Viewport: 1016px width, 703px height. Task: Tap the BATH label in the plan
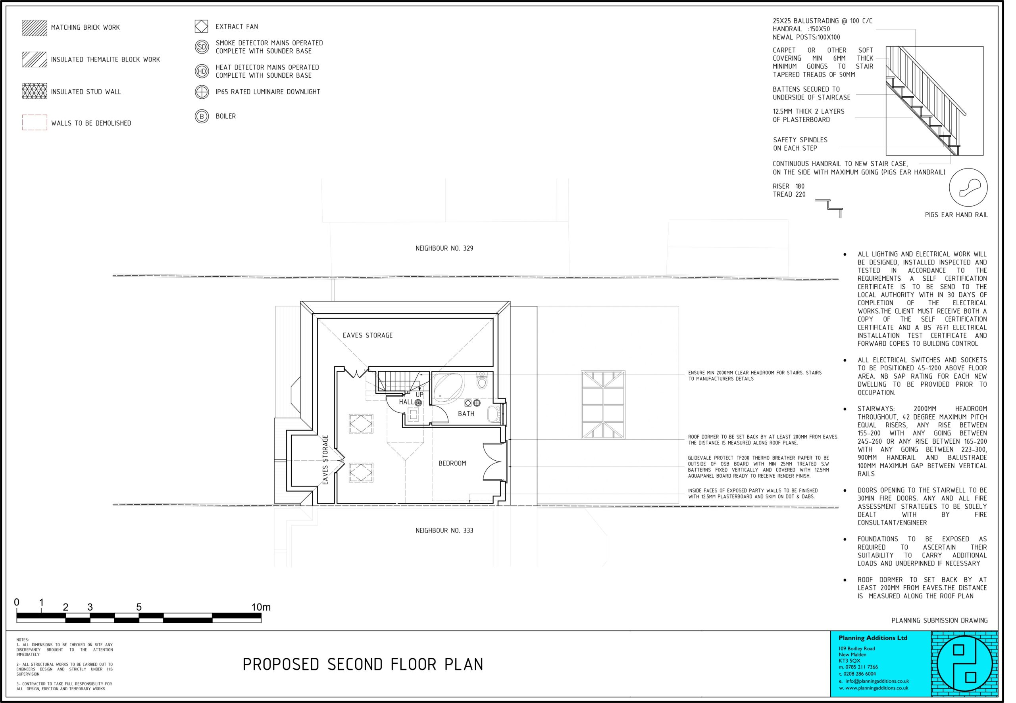tap(466, 414)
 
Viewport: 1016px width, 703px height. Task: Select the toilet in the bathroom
tap(482, 381)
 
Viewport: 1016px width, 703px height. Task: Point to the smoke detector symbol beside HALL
tap(418, 402)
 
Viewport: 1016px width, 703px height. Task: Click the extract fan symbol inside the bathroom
tap(468, 402)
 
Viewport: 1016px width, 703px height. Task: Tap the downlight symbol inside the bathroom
tap(477, 402)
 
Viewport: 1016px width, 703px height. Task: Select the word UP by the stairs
tap(419, 395)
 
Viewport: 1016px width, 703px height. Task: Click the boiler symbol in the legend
tap(202, 116)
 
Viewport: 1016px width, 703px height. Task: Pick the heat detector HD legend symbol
tap(202, 71)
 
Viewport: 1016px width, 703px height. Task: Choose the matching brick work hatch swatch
tap(35, 28)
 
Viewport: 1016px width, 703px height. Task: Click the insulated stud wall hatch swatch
tap(35, 91)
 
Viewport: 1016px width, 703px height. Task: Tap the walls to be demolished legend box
tap(35, 123)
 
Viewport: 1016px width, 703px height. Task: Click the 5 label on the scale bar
tap(139, 607)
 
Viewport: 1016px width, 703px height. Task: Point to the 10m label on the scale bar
tap(261, 607)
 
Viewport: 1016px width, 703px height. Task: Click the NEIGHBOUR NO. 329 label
tap(444, 249)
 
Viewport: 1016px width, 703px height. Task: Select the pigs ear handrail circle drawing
tap(968, 187)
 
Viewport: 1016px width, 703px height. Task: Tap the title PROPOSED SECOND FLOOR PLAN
tap(363, 664)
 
